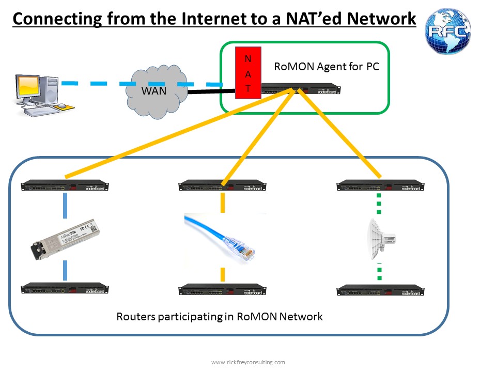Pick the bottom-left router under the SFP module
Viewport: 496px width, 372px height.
[65, 289]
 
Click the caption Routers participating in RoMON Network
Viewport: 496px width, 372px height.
[220, 316]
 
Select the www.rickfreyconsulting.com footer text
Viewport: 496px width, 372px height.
[248, 362]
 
